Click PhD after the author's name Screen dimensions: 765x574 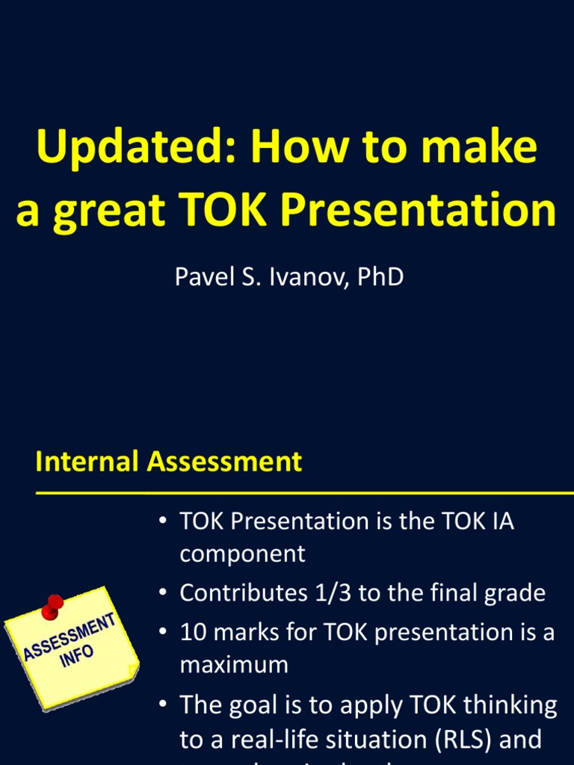pos(380,276)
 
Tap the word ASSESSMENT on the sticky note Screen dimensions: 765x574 pos(69,637)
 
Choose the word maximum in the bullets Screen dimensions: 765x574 pos(234,664)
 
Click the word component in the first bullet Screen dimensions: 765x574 pos(242,554)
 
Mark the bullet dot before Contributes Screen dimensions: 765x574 pos(162,593)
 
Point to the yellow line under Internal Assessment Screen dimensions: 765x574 pos(299,493)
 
